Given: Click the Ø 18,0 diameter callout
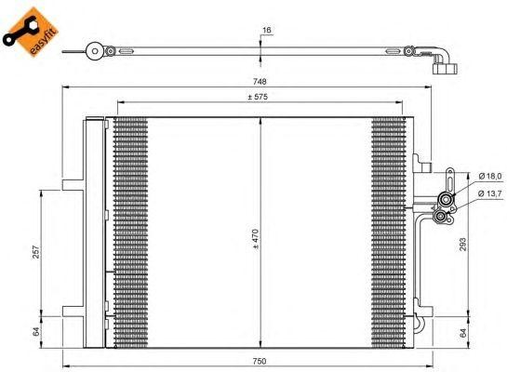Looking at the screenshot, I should point(489,176).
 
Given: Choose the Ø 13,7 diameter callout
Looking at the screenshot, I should point(489,193).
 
